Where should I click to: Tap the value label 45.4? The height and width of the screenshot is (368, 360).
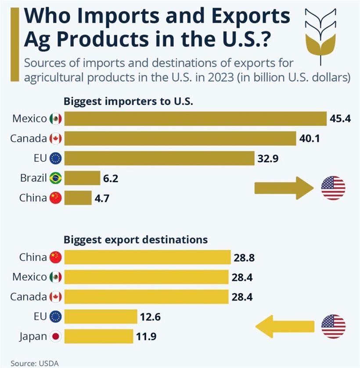tap(340, 119)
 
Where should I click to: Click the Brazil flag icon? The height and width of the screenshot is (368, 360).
tap(56, 179)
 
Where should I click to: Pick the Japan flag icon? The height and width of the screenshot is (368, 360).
tap(56, 337)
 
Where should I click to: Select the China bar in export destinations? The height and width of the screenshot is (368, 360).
tap(148, 257)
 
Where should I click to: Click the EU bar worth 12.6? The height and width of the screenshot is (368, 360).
tap(101, 317)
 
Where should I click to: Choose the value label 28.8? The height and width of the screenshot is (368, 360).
tap(244, 257)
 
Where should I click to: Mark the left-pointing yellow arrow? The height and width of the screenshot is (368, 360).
tap(285, 326)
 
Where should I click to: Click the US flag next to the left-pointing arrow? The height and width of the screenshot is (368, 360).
tap(333, 326)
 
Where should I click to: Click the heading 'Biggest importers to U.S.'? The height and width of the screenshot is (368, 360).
tap(129, 101)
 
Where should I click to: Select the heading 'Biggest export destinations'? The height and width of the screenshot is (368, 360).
tap(136, 240)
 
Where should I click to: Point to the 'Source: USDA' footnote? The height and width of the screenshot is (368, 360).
tap(34, 363)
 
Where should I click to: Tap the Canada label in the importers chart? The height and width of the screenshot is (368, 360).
tap(29, 139)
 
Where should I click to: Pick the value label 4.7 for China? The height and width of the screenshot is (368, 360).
tap(102, 198)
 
